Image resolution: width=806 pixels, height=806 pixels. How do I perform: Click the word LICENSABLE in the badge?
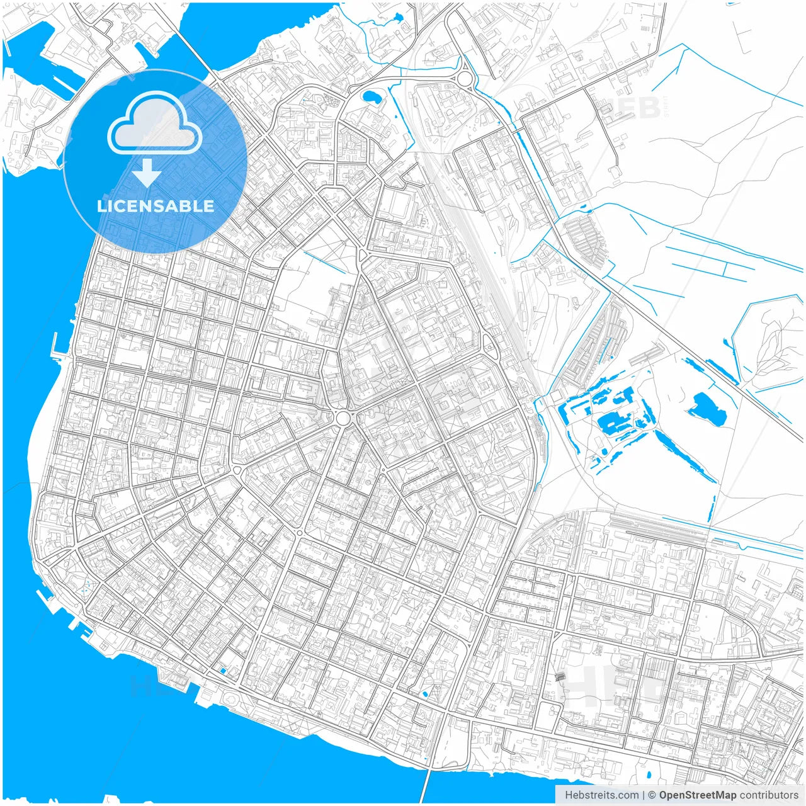click(x=155, y=206)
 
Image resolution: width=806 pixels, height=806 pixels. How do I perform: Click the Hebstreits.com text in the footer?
click(x=601, y=795)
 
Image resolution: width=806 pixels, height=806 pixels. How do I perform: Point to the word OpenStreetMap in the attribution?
click(x=697, y=795)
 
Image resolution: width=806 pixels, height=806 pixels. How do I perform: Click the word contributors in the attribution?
click(x=768, y=795)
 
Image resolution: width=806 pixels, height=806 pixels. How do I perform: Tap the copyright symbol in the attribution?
click(x=652, y=795)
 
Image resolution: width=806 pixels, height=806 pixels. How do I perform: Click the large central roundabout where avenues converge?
click(x=343, y=418)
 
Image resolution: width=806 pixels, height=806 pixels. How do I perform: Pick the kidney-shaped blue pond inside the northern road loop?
click(x=370, y=98)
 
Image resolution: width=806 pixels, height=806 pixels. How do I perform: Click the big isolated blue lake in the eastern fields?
click(x=707, y=407)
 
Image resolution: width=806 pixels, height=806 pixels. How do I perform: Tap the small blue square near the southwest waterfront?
click(x=222, y=671)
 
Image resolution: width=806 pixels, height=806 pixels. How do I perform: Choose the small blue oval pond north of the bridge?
click(x=425, y=694)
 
